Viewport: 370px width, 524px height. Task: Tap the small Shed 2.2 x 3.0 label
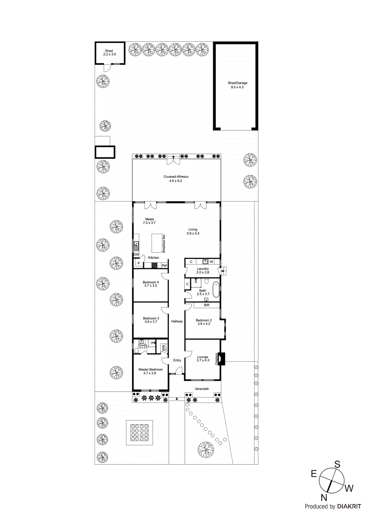(109, 52)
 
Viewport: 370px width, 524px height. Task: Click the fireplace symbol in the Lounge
(222, 359)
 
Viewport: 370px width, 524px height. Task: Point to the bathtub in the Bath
(216, 290)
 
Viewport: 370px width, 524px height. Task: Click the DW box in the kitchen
(136, 254)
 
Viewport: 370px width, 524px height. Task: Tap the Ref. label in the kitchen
(165, 265)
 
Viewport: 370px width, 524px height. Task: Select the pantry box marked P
(139, 263)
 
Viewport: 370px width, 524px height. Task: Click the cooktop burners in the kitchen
(154, 265)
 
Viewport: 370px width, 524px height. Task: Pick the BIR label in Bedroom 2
(206, 305)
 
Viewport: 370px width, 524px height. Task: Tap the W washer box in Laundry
(211, 262)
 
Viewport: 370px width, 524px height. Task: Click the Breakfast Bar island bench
(157, 243)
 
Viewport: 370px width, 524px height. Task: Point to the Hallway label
(177, 321)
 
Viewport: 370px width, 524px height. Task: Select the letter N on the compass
(324, 497)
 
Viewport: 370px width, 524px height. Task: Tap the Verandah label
(202, 389)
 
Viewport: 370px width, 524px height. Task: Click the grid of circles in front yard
(140, 432)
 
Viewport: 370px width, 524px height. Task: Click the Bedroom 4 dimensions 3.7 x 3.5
(150, 286)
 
